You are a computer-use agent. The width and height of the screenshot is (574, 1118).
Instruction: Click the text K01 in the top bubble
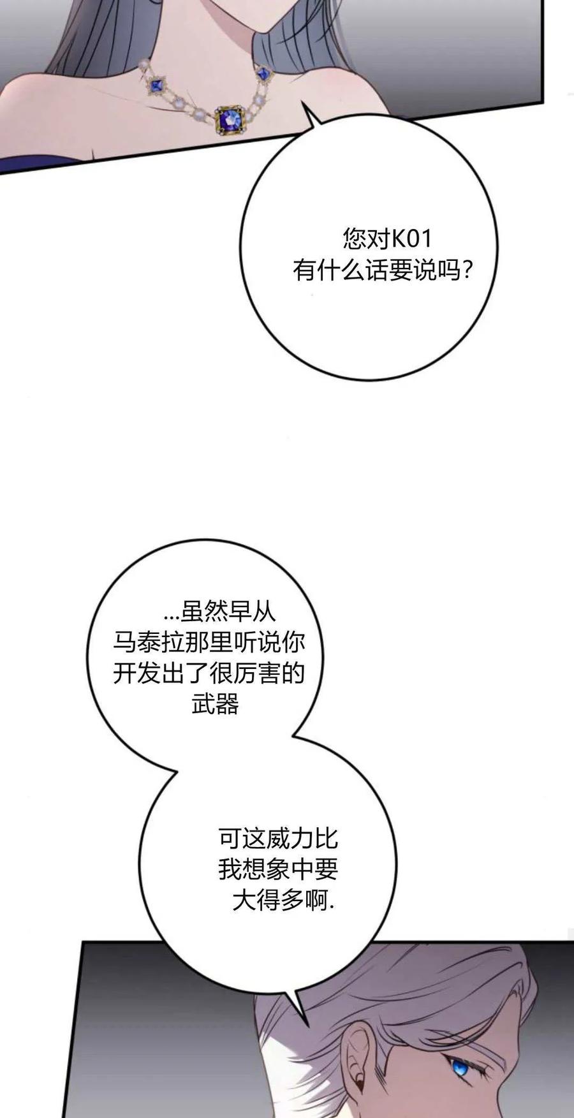point(412,239)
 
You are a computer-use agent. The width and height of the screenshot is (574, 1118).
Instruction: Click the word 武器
point(216,704)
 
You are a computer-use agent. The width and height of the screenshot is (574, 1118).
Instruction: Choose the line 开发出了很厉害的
point(209,673)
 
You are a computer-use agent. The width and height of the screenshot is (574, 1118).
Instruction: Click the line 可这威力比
point(278,838)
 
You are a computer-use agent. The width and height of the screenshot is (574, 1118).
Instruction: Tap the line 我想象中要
point(278,869)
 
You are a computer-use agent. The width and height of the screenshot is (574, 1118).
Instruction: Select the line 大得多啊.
point(283,901)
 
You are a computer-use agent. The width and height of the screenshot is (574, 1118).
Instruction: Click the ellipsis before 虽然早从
point(172,617)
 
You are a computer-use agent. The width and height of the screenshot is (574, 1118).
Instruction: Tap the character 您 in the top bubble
point(354,239)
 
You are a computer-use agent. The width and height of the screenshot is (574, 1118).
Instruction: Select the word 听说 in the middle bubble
point(257,642)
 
